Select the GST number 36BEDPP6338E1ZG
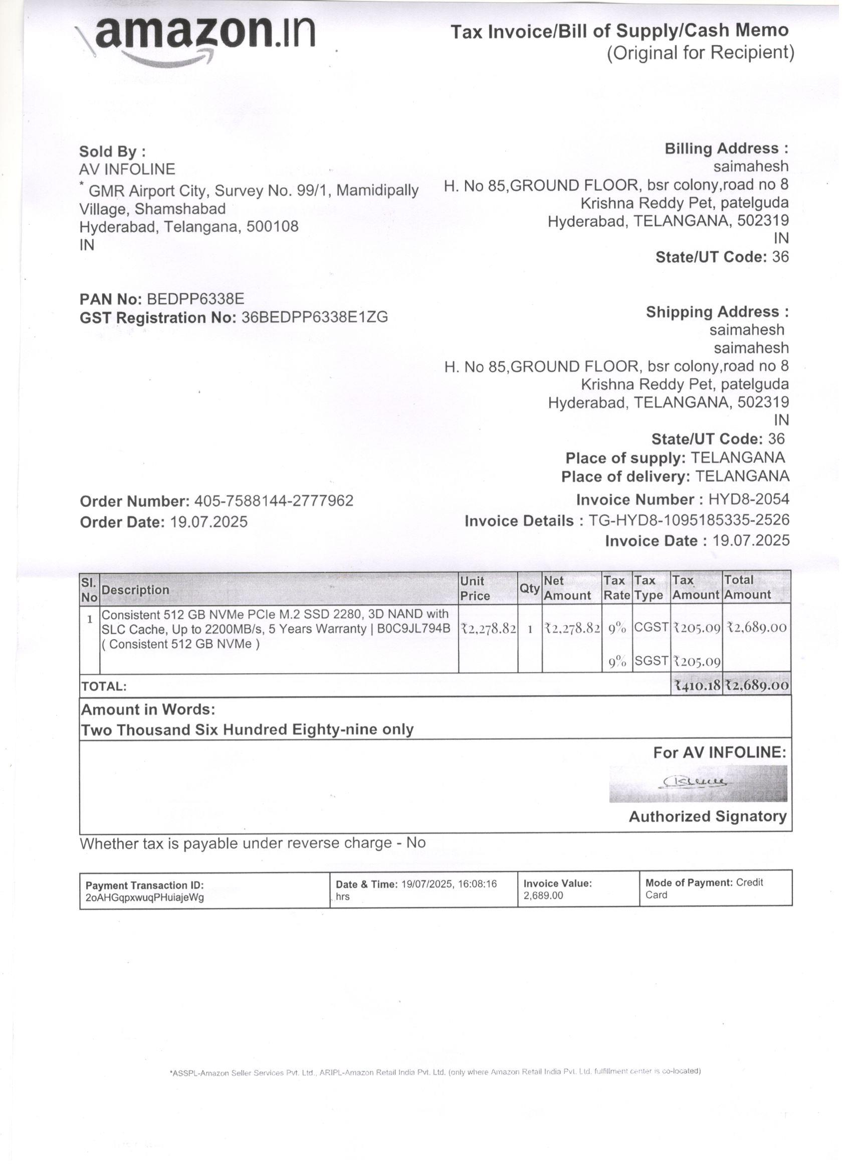(314, 317)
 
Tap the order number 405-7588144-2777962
(273, 501)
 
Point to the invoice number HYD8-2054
(749, 499)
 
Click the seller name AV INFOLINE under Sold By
(127, 169)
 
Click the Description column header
(135, 590)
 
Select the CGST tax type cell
(651, 627)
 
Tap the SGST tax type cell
(651, 660)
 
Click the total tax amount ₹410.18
(697, 686)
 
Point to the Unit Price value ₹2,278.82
(488, 628)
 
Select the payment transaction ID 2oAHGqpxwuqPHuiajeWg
(145, 898)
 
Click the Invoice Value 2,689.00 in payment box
(543, 896)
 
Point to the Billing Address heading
(726, 149)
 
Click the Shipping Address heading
(717, 312)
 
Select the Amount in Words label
(148, 709)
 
